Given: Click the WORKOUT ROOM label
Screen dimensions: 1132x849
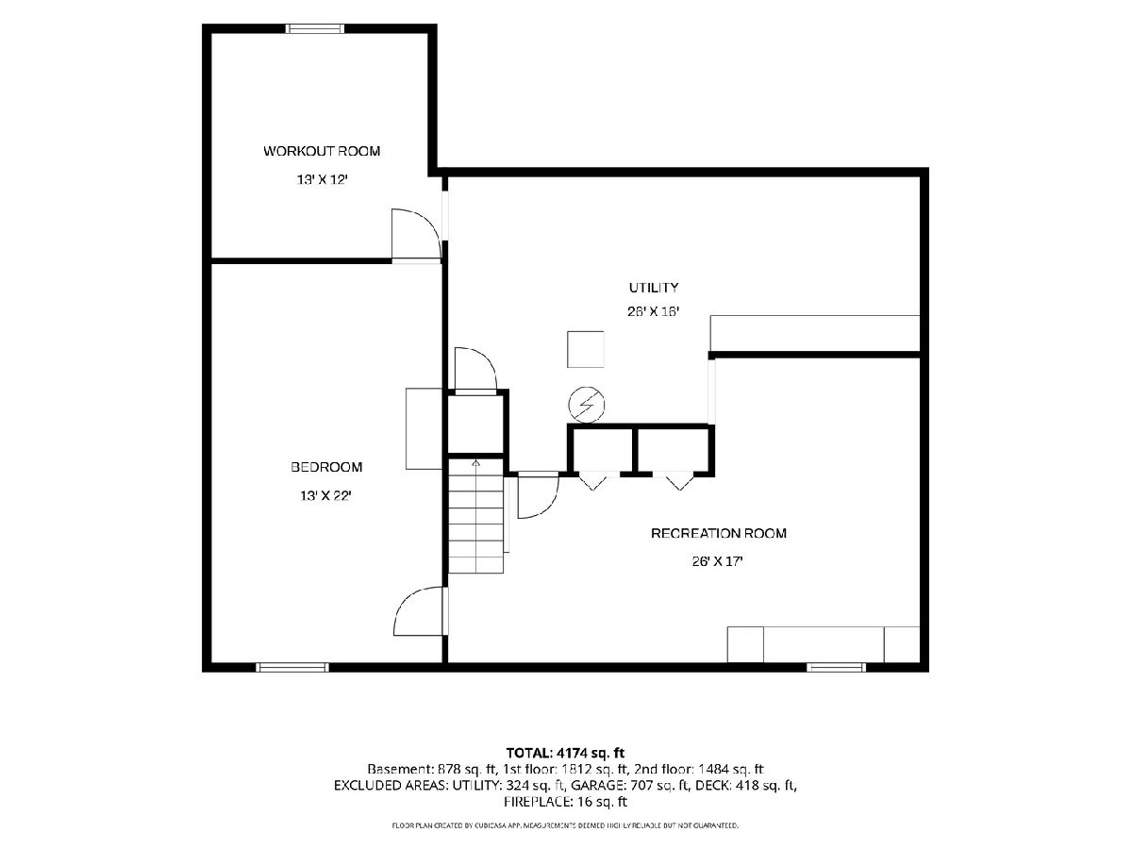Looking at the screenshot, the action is (x=322, y=151).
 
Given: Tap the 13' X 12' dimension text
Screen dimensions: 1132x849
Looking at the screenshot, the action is (x=323, y=180).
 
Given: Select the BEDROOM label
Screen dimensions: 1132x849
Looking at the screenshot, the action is (x=326, y=467).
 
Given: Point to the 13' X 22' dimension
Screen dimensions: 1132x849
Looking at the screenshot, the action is (x=326, y=496).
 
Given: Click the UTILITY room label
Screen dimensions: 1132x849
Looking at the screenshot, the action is (x=654, y=287).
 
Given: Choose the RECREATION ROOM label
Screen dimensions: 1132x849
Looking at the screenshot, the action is (x=719, y=533).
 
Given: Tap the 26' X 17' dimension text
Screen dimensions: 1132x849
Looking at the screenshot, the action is (x=717, y=561).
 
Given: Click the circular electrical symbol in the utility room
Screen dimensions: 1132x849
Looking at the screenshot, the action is (x=587, y=405).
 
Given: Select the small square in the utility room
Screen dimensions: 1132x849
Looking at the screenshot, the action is (x=586, y=349).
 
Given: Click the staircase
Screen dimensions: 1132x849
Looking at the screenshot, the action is (x=475, y=516).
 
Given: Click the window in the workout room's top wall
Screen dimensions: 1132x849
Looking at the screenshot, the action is (x=314, y=29).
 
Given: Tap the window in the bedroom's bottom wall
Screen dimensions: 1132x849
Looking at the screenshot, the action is (x=292, y=668).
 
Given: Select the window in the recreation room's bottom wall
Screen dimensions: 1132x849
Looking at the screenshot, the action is (x=837, y=668).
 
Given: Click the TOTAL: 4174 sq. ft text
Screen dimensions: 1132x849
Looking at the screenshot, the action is (x=565, y=753).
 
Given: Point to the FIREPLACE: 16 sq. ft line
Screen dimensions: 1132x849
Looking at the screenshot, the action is (x=565, y=802).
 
